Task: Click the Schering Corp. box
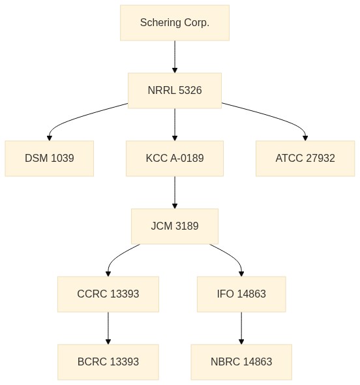[175, 23]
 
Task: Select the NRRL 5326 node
[175, 91]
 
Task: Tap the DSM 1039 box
[50, 159]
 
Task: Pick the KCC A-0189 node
[175, 159]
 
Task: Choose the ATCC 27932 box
[305, 159]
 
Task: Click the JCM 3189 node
[175, 226]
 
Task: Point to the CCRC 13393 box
[108, 294]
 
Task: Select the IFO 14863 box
[241, 294]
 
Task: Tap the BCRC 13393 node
[108, 362]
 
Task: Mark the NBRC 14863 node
[241, 362]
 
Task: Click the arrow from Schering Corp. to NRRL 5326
[175, 57]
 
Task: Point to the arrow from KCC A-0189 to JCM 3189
[175, 192]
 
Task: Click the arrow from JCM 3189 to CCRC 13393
[118, 256]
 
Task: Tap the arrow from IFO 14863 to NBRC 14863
[241, 328]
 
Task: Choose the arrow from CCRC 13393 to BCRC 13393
[108, 328]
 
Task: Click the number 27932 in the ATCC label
[320, 159]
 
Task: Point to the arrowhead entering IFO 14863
[241, 274]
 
